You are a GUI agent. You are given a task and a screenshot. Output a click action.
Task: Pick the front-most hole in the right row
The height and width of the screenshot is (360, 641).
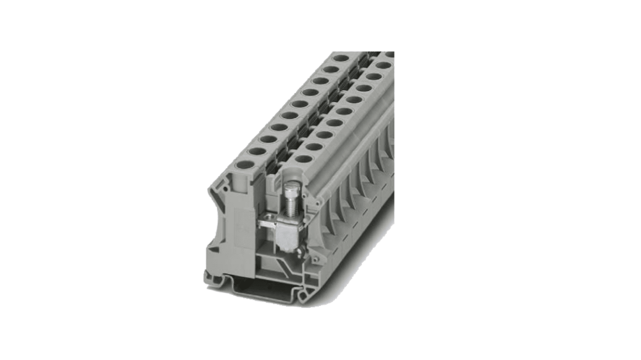tap(304, 159)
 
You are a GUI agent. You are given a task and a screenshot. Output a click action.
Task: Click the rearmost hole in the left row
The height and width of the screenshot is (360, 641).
tap(341, 58)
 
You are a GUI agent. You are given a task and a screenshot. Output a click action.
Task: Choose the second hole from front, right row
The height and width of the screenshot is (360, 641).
tap(314, 146)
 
